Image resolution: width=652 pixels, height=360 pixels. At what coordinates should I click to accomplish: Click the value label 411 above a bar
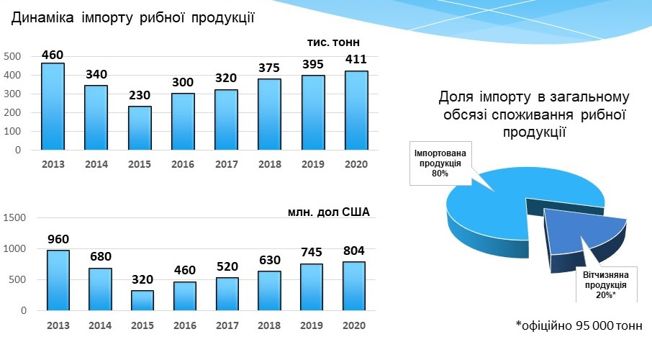tap(356, 59)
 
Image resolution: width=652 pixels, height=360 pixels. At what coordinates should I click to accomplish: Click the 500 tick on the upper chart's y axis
tap(12, 56)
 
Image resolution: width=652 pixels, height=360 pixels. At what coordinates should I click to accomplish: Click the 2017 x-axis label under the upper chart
tap(226, 164)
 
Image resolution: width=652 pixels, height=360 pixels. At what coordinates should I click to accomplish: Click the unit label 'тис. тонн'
tap(328, 42)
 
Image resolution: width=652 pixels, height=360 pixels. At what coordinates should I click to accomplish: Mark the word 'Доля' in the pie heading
tap(454, 97)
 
